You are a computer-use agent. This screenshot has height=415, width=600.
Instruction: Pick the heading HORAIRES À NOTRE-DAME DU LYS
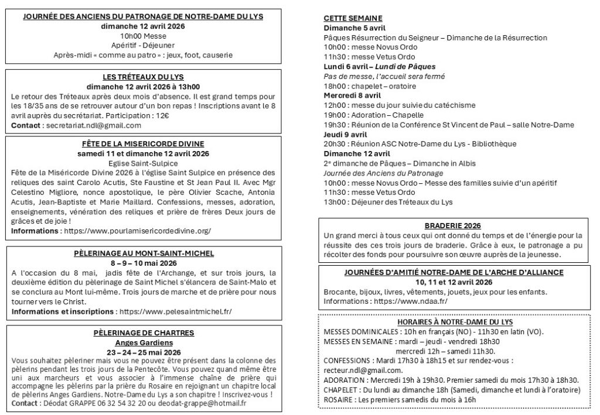(x=454, y=322)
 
